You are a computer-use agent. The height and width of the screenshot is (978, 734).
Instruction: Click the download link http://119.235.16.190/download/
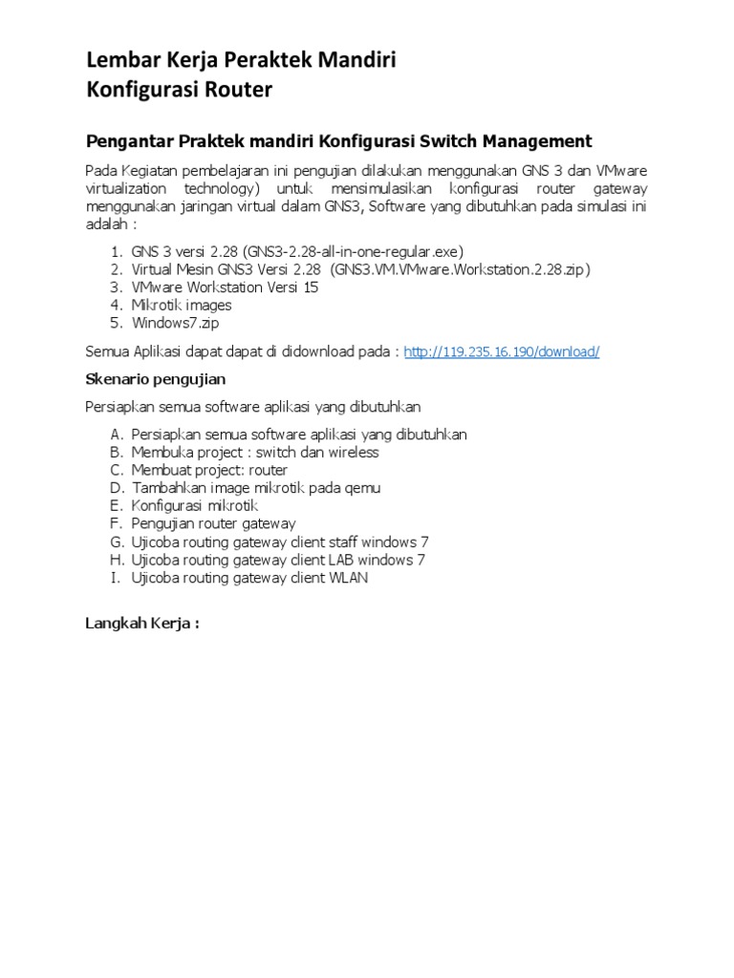502,351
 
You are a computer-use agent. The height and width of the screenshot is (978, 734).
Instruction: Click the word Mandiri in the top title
356,61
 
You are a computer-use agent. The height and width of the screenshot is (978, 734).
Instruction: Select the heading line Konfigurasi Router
180,90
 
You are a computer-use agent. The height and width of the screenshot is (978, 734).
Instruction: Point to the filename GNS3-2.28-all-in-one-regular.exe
353,251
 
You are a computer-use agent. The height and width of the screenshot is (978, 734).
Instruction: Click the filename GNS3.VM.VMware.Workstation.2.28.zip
461,269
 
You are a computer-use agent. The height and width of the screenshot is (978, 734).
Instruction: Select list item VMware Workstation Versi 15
225,287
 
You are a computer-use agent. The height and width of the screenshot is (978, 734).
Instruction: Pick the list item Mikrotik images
182,306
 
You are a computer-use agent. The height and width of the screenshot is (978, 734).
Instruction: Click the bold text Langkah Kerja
141,624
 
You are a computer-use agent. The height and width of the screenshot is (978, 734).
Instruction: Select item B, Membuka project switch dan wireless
255,453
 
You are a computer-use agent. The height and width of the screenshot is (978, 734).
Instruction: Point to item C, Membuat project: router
209,470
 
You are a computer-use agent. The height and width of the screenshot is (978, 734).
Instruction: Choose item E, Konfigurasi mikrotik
195,506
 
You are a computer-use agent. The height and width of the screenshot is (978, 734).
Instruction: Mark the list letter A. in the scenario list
117,435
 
